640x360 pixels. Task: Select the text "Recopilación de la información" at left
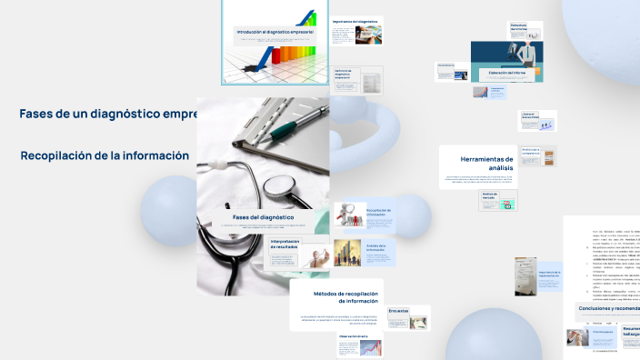[105, 155]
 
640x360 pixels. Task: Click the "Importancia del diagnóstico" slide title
[355, 21]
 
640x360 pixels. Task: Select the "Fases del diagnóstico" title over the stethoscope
[263, 218]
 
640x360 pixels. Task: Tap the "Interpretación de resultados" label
[285, 244]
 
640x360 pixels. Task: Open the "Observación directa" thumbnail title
[353, 335]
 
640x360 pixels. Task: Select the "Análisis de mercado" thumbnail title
[491, 195]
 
